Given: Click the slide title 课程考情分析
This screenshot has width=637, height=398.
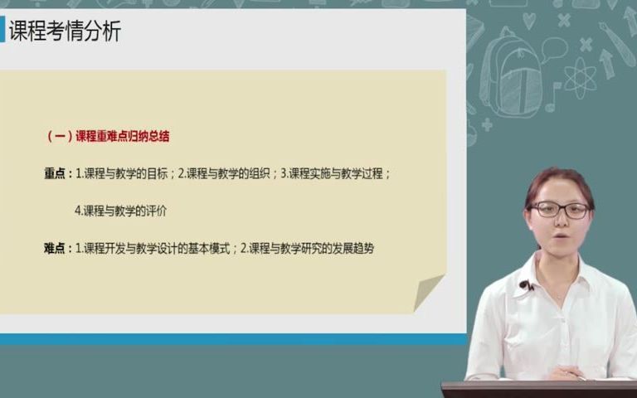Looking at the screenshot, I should click(x=65, y=32).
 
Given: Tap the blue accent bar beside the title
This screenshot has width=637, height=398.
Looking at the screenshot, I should click(x=2, y=32).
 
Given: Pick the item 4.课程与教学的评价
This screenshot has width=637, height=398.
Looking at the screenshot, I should click(x=121, y=211).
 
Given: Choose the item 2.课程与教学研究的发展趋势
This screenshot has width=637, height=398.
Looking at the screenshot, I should click(x=307, y=247).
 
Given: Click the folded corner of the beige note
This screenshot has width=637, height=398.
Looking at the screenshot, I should click(x=429, y=292).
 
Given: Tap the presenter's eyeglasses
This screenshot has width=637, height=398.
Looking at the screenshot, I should click(x=559, y=210).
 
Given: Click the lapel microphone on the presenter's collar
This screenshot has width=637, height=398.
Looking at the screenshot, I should click(x=524, y=285).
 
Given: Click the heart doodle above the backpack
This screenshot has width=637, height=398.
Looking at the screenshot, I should click(x=528, y=21).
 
